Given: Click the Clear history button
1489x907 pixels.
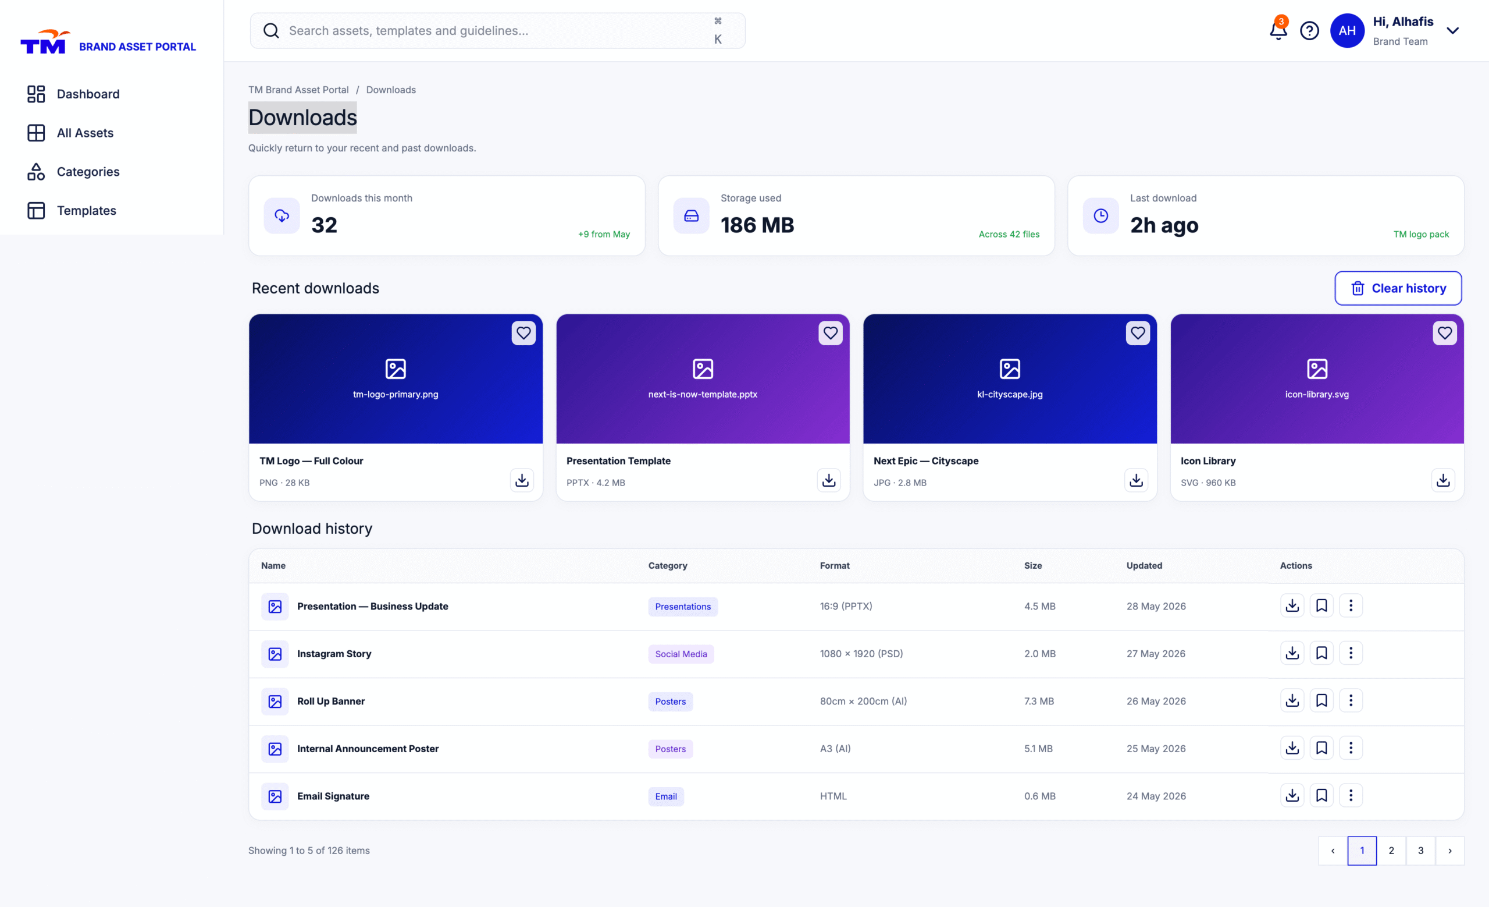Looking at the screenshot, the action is (x=1398, y=288).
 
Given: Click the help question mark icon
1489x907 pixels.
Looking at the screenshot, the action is (x=1309, y=31).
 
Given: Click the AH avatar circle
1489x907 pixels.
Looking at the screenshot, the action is (x=1347, y=31).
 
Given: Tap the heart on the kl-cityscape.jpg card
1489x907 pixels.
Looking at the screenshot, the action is (x=1138, y=332).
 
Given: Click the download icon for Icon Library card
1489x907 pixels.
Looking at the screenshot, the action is (x=1443, y=480).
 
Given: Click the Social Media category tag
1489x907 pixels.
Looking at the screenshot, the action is (x=681, y=654).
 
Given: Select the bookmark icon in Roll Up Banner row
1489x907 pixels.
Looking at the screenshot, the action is (x=1321, y=701).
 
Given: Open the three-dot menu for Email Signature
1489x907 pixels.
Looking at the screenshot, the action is (x=1351, y=796).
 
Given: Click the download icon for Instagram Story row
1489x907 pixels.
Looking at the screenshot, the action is (x=1292, y=653).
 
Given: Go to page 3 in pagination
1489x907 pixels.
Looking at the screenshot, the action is (x=1421, y=851).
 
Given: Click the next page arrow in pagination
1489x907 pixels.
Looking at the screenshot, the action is (x=1449, y=851).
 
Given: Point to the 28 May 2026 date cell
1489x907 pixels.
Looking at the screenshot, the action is (x=1156, y=606).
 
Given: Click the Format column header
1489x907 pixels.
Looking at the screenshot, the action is (x=835, y=565).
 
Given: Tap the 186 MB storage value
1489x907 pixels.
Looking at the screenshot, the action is (x=757, y=225).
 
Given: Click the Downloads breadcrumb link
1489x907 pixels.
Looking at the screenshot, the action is (x=391, y=90).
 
